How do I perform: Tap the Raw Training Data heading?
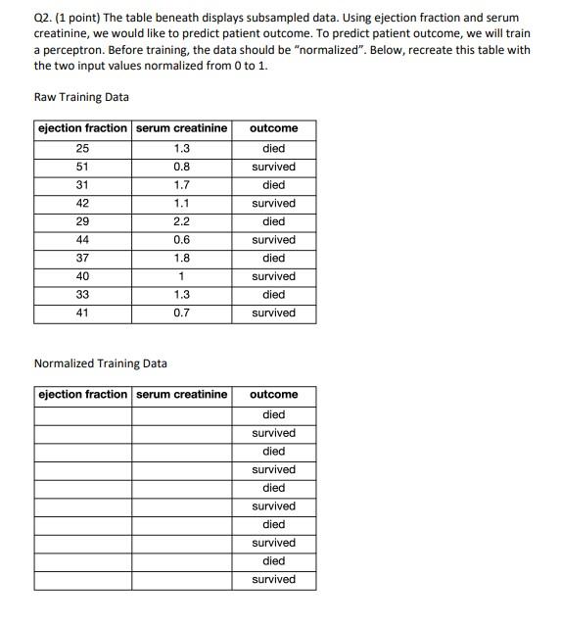pyautogui.click(x=81, y=97)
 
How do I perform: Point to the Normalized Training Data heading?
pyautogui.click(x=100, y=363)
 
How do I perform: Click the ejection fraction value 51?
pyautogui.click(x=82, y=167)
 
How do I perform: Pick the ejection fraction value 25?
pyautogui.click(x=82, y=149)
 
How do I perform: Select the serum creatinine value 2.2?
pyautogui.click(x=181, y=221)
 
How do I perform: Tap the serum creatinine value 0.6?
pyautogui.click(x=181, y=240)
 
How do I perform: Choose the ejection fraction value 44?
pyautogui.click(x=82, y=240)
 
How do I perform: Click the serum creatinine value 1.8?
pyautogui.click(x=181, y=259)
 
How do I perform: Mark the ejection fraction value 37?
pyautogui.click(x=82, y=259)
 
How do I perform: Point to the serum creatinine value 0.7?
pyautogui.click(x=181, y=313)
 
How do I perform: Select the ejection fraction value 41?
pyautogui.click(x=82, y=313)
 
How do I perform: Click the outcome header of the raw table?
pyautogui.click(x=274, y=128)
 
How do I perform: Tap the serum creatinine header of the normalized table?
pyautogui.click(x=181, y=395)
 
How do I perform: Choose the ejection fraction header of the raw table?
pyautogui.click(x=82, y=128)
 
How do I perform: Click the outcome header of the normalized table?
pyautogui.click(x=274, y=395)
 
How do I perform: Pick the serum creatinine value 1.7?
pyautogui.click(x=181, y=185)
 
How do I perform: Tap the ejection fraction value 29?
pyautogui.click(x=82, y=221)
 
